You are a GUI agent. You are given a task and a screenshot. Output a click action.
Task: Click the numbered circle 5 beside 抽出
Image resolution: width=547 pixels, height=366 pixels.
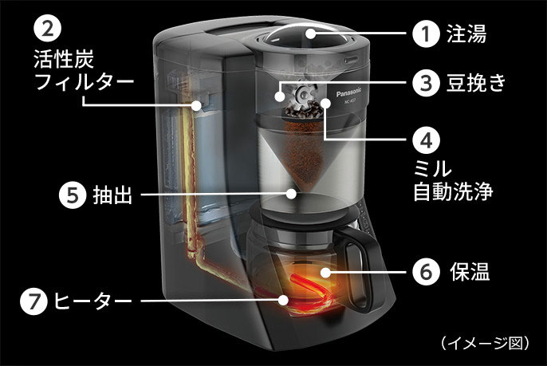[73, 194]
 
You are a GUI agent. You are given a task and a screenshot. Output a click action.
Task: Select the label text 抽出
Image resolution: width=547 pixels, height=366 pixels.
[112, 195]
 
